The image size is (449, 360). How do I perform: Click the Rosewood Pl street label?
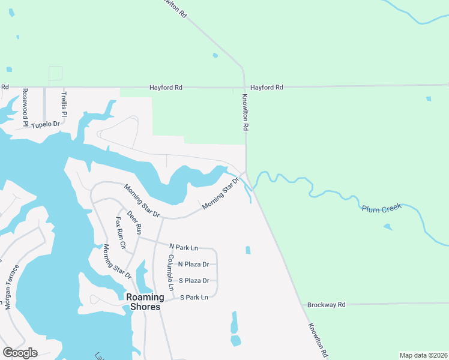click(25, 107)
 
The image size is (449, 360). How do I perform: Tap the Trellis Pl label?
click(64, 104)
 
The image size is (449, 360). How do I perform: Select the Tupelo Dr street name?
click(46, 125)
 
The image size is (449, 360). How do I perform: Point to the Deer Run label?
click(134, 223)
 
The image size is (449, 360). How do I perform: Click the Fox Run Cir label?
click(121, 232)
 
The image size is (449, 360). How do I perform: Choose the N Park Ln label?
click(184, 247)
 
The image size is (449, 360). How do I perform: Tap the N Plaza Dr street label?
click(193, 264)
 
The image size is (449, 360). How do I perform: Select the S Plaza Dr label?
click(193, 280)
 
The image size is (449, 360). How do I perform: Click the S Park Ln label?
click(193, 297)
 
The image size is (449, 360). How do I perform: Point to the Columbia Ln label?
click(170, 272)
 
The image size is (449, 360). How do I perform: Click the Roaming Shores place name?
click(143, 302)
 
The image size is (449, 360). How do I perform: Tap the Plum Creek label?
click(381, 208)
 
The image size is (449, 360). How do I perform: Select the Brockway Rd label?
click(326, 305)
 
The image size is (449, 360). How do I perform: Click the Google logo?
click(20, 353)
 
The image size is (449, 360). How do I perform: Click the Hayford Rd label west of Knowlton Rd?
click(166, 88)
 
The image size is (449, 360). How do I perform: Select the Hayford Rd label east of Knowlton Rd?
click(267, 88)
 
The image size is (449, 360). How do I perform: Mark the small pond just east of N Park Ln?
click(248, 250)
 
